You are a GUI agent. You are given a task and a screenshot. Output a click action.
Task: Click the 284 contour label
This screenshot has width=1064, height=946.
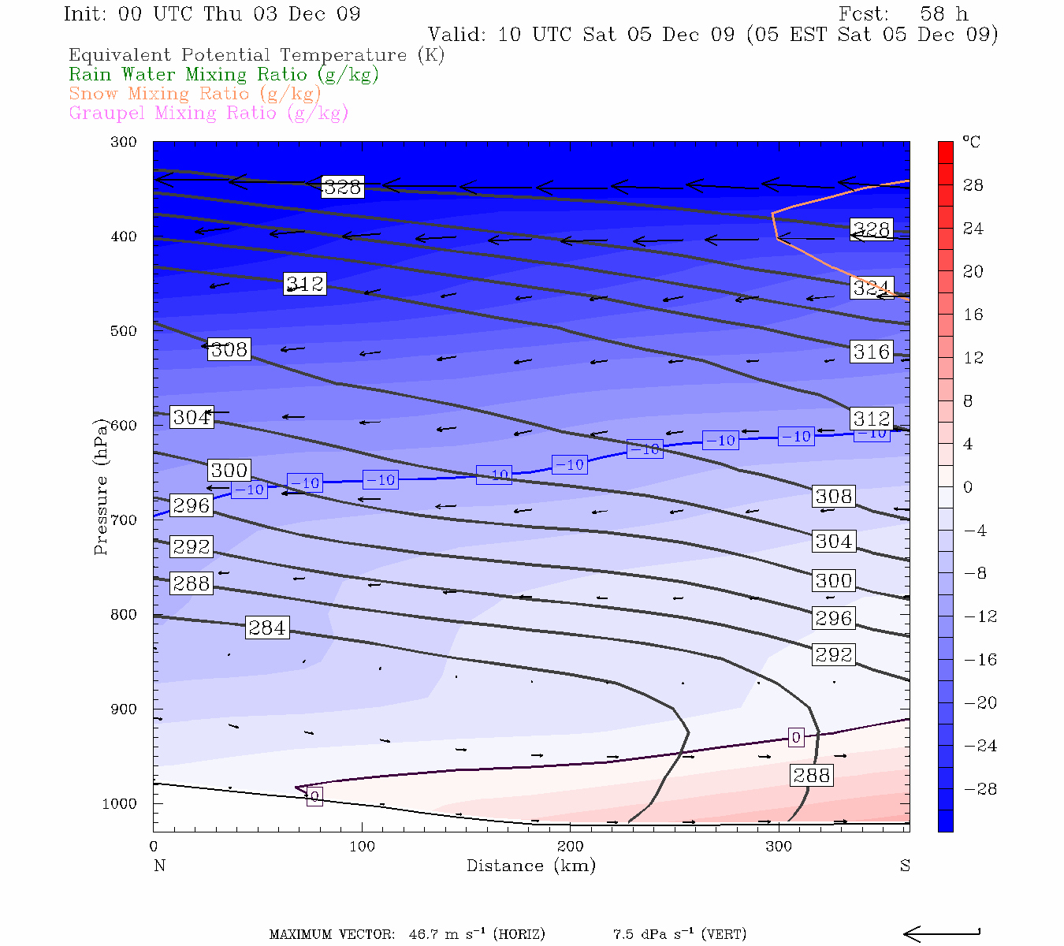267,628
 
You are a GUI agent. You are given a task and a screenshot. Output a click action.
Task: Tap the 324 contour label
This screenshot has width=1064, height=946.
871,289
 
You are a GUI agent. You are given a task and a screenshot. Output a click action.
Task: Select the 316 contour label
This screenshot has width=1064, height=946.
871,352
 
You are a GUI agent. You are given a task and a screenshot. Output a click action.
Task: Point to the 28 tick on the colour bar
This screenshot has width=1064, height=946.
973,185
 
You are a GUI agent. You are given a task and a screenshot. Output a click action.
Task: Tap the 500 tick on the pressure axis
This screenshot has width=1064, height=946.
124,331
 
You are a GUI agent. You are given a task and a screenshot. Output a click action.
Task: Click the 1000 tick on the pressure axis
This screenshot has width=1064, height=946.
120,804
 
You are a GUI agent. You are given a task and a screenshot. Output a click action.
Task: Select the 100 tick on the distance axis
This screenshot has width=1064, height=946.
362,847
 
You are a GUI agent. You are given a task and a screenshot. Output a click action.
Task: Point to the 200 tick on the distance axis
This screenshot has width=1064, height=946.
571,847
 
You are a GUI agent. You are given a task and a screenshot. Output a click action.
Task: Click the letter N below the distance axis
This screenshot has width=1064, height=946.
160,866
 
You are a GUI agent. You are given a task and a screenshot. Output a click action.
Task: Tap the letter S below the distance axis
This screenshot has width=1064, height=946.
905,866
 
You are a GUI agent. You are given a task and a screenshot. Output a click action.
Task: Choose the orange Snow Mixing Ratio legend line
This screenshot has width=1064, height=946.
195,94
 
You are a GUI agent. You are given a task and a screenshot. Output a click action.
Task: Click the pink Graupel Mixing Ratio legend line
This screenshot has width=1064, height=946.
209,113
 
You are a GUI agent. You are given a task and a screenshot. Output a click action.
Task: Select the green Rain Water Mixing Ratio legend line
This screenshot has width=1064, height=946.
224,75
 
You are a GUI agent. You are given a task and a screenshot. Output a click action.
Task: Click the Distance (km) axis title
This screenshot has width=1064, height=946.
531,866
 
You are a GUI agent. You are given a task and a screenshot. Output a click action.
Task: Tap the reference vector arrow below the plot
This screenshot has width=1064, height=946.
941,934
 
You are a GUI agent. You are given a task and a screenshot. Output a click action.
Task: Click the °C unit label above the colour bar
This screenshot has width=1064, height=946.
971,143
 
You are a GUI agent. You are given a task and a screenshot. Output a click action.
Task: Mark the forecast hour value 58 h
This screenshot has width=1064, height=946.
944,14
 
